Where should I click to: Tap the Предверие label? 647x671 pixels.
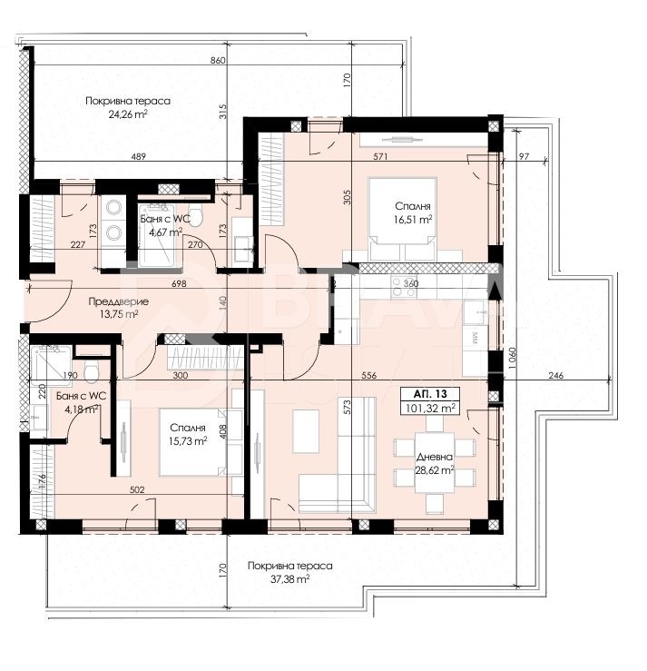[x=113, y=302]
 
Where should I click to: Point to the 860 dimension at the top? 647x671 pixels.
[x=216, y=60]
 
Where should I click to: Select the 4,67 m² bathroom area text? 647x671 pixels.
[x=162, y=232]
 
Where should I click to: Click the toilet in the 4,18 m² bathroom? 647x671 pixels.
[x=91, y=371]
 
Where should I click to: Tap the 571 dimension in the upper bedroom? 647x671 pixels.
[x=381, y=156]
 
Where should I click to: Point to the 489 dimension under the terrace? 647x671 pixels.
[x=139, y=157]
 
